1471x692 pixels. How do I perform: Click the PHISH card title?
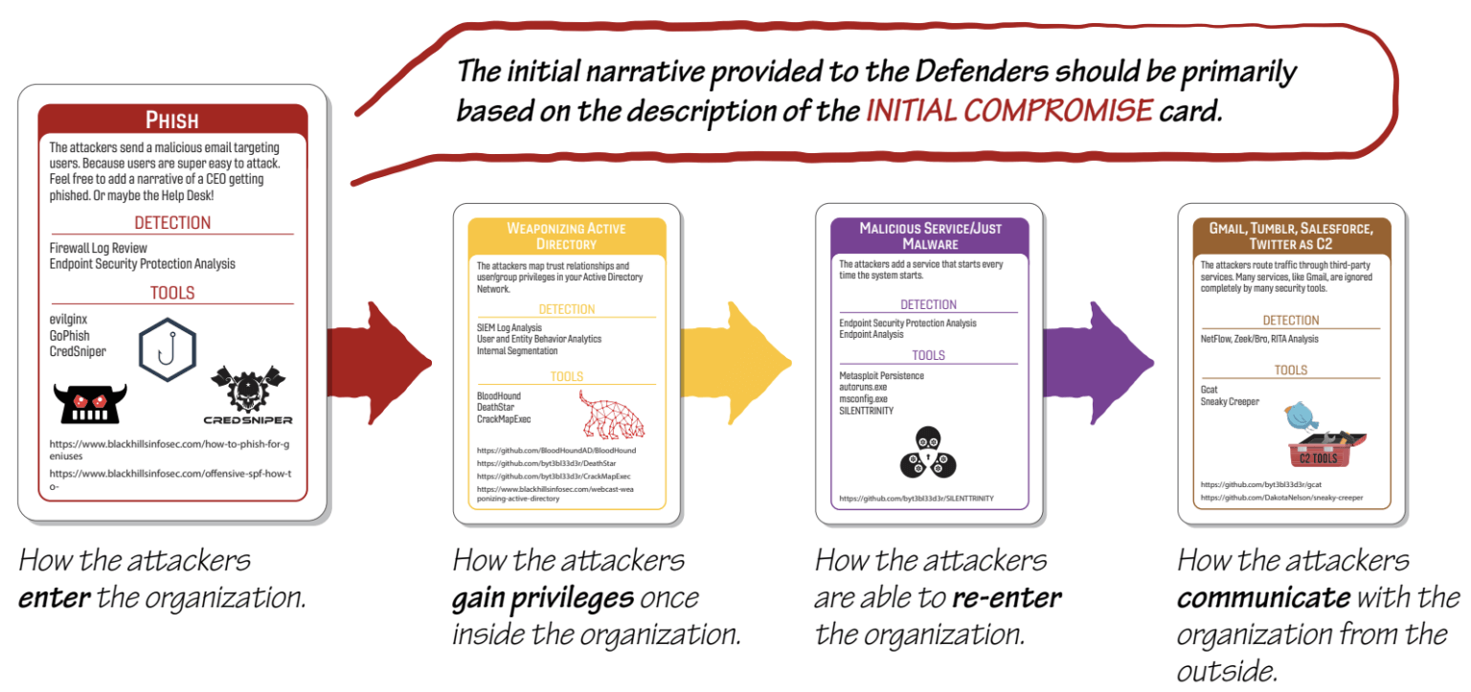click(x=172, y=121)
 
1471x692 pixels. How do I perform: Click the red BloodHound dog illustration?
click(x=612, y=414)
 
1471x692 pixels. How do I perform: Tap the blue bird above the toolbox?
click(x=1301, y=414)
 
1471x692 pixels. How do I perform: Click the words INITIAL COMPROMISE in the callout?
click(x=1009, y=111)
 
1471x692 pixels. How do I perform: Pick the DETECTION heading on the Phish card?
click(x=172, y=223)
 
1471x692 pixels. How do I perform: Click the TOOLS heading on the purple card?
click(x=928, y=355)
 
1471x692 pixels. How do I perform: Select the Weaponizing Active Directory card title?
click(x=566, y=235)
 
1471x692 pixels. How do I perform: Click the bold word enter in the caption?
click(x=55, y=598)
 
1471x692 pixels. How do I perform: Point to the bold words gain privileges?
click(x=543, y=598)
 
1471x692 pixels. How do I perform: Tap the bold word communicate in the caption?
click(x=1263, y=598)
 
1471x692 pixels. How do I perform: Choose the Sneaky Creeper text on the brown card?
click(x=1230, y=402)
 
